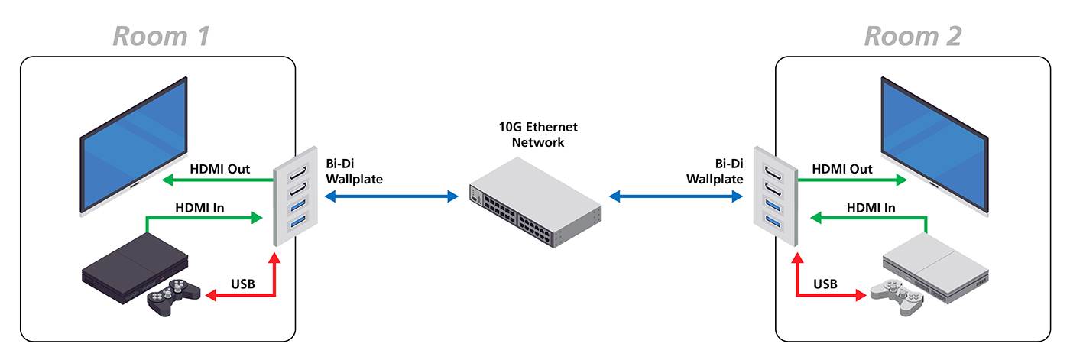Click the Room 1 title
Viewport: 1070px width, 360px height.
(x=161, y=35)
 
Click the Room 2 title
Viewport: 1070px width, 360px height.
(x=913, y=35)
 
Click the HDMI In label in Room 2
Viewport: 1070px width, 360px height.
(x=871, y=207)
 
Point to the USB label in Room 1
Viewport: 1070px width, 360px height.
(x=242, y=284)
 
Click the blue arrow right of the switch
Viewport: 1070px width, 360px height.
(x=676, y=197)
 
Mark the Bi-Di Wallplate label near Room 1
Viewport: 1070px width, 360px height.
(x=354, y=171)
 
